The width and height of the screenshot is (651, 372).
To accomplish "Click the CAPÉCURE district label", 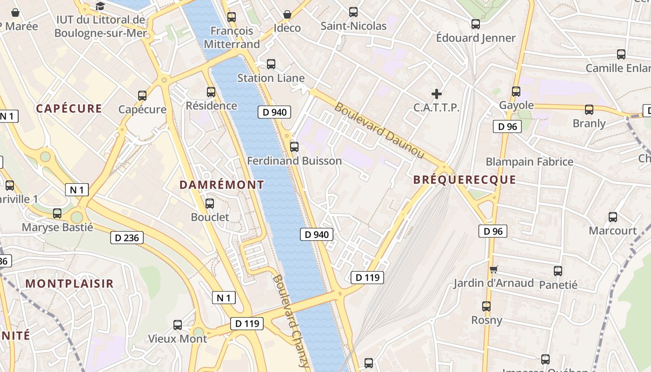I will [x=69, y=109].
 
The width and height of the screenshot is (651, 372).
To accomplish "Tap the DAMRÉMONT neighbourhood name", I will [x=222, y=185].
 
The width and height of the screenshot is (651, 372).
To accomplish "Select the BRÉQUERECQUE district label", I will [x=465, y=180].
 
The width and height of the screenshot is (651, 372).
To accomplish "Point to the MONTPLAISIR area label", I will [x=69, y=284].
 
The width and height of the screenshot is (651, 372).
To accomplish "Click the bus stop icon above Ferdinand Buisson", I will [x=294, y=147].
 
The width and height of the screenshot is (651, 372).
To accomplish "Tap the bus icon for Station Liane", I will [x=271, y=64].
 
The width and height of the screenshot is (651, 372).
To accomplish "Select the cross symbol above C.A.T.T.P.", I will [x=436, y=94].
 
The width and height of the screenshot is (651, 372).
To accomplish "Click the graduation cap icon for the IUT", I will [x=100, y=7].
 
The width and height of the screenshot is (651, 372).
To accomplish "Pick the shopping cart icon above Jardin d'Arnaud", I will [x=493, y=269].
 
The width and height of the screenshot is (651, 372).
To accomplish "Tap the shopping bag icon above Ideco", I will [x=287, y=14].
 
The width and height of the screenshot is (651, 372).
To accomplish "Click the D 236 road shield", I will [x=127, y=238].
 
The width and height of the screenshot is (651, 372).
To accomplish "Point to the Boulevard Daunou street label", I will [x=379, y=131].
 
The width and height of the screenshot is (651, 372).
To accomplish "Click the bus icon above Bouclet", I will [x=210, y=203].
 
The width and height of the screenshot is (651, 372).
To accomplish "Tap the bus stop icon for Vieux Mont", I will [x=178, y=325].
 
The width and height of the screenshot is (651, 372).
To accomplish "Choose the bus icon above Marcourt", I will [x=613, y=217].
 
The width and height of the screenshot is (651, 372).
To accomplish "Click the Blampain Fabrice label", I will [x=529, y=162].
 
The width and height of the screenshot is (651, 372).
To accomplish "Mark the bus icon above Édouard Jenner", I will [x=475, y=24].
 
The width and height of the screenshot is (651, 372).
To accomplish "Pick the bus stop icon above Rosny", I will [x=486, y=306].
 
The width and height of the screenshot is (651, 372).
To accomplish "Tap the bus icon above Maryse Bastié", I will [x=57, y=213].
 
